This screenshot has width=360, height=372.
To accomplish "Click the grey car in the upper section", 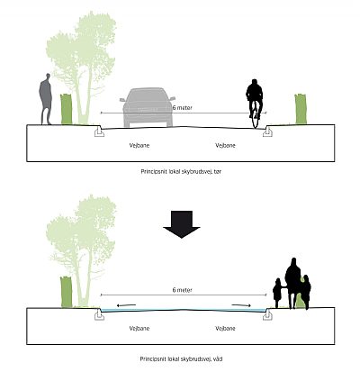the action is coord(148,107).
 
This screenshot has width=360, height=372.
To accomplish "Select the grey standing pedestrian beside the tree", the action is coord(46,99).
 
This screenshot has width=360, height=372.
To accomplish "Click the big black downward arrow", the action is coord(182,224).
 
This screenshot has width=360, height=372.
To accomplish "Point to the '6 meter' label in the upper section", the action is coord(183,107).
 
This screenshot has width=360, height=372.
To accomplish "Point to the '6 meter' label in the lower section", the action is coord(183,290).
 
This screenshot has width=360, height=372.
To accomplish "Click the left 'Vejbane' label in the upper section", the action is coord(139,146).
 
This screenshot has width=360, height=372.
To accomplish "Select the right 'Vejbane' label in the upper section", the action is coord(225,146).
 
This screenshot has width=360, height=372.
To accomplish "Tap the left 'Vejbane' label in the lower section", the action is coord(139,328).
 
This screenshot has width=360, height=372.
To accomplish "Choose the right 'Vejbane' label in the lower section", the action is coord(225,328).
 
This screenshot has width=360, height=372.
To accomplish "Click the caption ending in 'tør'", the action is coord(181,172).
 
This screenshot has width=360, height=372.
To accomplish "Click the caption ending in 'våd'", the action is coord(181,358).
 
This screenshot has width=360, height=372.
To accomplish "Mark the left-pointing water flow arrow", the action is coord(126,305).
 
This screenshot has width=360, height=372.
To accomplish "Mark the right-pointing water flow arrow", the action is coord(242,305).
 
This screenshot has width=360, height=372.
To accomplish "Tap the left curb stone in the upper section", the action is coord(99,132).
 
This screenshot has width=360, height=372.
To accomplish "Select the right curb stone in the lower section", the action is coord(267,314).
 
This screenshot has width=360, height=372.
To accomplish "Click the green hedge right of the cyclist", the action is coord(301,109).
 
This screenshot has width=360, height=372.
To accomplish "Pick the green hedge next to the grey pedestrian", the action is coord(67,109).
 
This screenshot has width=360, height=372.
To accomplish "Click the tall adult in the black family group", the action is coord(292,282).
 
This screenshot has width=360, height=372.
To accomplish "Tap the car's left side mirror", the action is coord(122,100).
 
